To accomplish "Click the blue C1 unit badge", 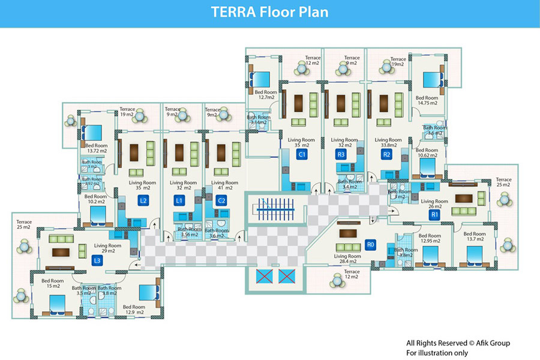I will (302, 155).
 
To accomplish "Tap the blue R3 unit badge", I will (341, 155).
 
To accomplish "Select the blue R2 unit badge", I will (386, 155).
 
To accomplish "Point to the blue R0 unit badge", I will (371, 245).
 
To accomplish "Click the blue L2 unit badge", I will (143, 200).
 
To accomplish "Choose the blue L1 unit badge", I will (179, 200).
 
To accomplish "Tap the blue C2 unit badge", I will (221, 200).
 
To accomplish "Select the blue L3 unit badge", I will (97, 261).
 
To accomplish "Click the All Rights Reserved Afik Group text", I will (458, 343).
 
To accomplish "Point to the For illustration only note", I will (437, 353).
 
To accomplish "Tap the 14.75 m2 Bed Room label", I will (427, 100).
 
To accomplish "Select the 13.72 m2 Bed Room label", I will (96, 148).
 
